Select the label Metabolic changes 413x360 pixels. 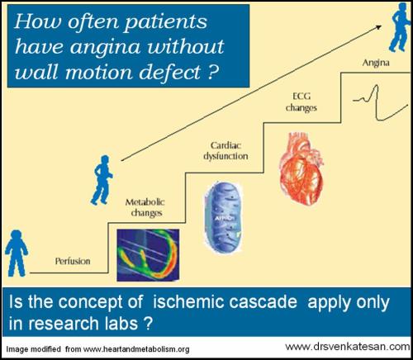pyautogui.click(x=143, y=207)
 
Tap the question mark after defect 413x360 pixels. pyautogui.click(x=211, y=73)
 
